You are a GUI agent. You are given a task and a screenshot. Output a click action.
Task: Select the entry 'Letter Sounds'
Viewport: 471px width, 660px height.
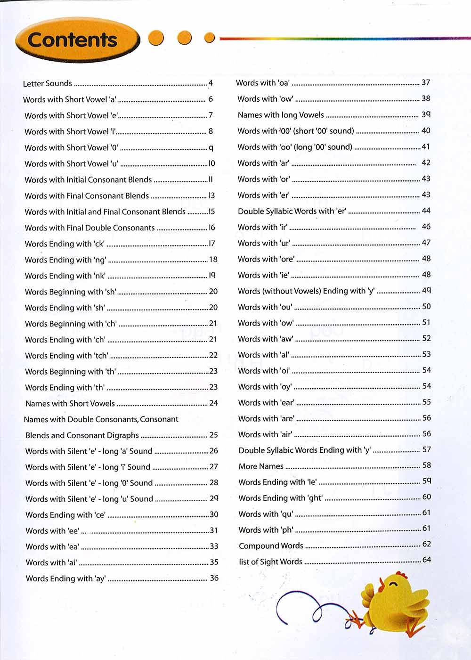[48, 83]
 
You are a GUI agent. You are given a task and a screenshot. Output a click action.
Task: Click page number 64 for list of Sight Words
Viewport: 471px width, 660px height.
[426, 560]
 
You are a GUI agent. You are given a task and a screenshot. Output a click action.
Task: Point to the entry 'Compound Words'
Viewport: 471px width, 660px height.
[271, 546]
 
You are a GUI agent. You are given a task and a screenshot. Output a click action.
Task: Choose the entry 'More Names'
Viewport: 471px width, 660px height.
[261, 466]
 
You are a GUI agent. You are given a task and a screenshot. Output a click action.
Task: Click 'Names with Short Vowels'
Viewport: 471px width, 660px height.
[70, 403]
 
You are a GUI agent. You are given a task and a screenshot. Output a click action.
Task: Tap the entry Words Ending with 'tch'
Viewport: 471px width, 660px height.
[66, 356]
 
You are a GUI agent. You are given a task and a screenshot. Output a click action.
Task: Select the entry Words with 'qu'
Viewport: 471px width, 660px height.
[266, 514]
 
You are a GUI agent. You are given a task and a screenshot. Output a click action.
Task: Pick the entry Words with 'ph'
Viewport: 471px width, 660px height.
[266, 530]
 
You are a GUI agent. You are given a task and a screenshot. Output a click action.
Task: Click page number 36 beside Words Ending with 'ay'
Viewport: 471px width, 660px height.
[214, 578]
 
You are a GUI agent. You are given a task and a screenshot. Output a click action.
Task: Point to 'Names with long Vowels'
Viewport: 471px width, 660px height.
[281, 115]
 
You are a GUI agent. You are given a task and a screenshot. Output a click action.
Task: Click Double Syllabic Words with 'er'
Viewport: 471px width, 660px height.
[292, 211]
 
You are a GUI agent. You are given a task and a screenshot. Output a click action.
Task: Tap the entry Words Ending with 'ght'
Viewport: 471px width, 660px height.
[281, 498]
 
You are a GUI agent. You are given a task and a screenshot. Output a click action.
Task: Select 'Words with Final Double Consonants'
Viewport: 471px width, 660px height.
[89, 228]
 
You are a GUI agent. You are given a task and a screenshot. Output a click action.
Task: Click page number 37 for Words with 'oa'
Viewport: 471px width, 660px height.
[426, 82]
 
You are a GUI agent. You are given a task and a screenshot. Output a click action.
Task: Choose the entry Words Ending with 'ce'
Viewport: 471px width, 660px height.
[65, 515]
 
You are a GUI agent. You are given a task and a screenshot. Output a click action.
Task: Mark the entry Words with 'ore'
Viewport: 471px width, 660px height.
[266, 259]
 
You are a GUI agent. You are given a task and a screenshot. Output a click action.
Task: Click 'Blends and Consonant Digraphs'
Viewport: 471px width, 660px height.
[82, 435]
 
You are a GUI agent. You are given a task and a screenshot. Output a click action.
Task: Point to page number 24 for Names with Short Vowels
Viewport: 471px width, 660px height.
[213, 403]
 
